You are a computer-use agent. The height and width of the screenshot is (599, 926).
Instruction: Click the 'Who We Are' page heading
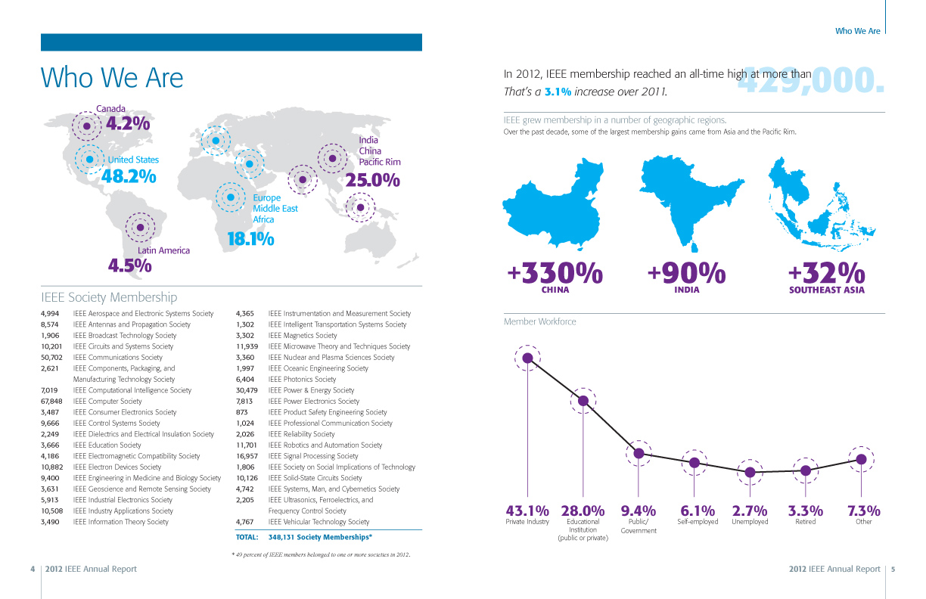coord(112,78)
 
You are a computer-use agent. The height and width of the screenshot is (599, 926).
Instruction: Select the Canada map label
coord(110,109)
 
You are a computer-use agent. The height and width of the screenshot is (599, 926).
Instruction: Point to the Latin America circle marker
coord(140,226)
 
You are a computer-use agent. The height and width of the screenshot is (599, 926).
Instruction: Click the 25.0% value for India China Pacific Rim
coord(372,180)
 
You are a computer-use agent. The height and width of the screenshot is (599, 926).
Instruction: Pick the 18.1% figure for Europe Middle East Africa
coord(250,239)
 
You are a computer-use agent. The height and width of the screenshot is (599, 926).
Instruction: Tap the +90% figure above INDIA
coord(687,272)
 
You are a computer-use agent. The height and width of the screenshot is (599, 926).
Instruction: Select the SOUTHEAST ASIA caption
coord(825,290)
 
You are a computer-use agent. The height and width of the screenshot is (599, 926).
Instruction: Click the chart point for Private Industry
coord(528,358)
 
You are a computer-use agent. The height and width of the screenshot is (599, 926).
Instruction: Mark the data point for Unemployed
coord(750,472)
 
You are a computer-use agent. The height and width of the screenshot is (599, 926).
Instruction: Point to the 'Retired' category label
coord(805,522)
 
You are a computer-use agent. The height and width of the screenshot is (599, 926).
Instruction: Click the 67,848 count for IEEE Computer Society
coord(51,402)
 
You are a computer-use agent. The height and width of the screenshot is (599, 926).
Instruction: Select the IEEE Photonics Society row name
coord(302,380)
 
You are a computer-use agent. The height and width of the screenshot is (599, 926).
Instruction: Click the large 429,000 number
coord(809,81)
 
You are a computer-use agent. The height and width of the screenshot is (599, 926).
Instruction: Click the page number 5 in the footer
coord(893,569)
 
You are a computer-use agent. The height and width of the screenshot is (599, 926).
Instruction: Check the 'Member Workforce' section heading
coord(539,321)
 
